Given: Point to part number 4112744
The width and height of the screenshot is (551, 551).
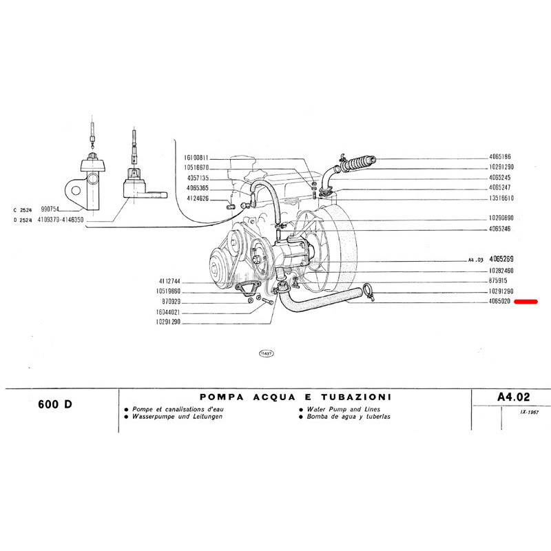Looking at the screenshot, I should [x=169, y=282].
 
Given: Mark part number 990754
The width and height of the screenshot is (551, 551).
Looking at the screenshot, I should [x=51, y=208].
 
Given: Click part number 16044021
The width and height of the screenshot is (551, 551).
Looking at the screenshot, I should [x=169, y=312].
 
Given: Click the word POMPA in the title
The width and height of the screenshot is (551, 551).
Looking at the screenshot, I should [x=220, y=397].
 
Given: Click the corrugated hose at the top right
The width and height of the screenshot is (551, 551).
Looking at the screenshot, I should [x=357, y=164].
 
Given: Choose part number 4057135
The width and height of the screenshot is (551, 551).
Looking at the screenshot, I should [x=198, y=178].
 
